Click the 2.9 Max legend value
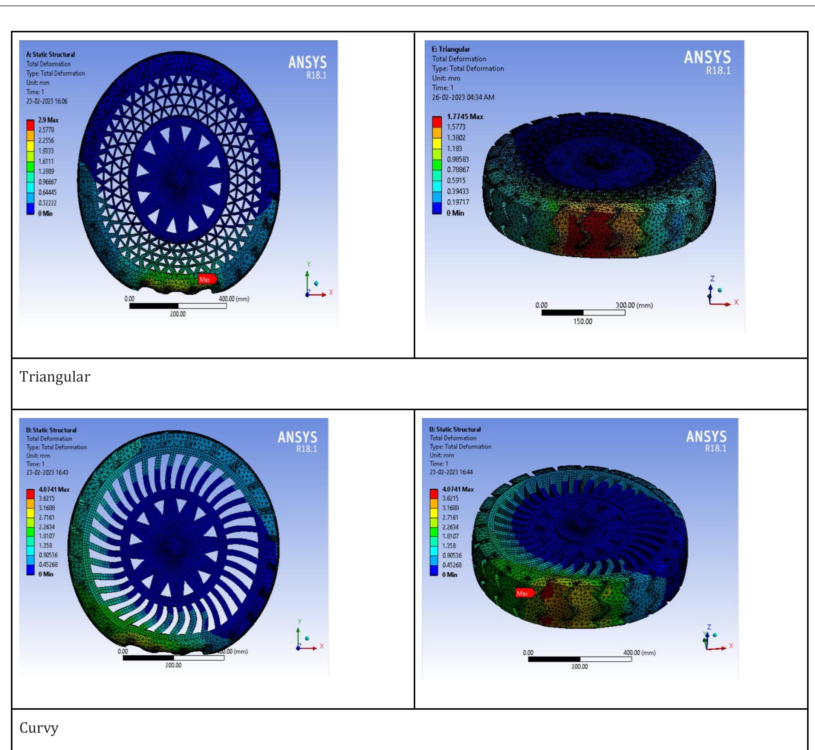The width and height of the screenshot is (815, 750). (x=48, y=120)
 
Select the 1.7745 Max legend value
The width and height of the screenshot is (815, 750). (x=465, y=117)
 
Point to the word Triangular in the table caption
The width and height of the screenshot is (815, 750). (x=55, y=377)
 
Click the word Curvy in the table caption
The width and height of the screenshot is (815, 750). (x=39, y=728)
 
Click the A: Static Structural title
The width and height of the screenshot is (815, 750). (x=50, y=55)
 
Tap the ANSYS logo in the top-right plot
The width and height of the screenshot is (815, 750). (x=707, y=58)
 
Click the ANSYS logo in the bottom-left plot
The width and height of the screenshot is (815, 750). (x=297, y=438)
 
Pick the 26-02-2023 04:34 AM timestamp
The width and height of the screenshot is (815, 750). (x=463, y=97)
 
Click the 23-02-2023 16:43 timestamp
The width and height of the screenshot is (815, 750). (x=47, y=472)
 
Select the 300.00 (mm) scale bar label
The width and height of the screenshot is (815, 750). (x=634, y=305)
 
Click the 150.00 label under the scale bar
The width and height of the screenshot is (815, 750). (x=583, y=321)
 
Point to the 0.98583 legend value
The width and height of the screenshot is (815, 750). (x=458, y=160)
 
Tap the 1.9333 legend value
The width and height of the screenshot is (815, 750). (x=46, y=151)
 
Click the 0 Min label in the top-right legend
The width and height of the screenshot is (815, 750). (x=455, y=213)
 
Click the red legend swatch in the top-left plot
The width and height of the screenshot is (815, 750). (x=31, y=124)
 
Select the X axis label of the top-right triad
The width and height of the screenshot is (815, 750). (x=736, y=302)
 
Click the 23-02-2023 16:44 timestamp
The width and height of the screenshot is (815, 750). (x=451, y=472)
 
